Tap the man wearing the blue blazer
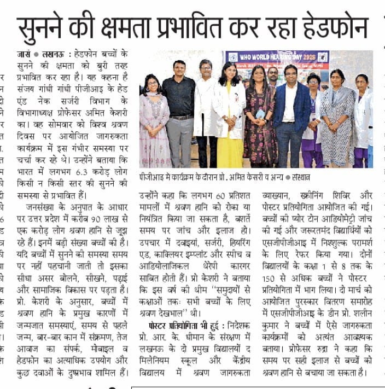291,115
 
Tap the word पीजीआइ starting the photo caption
153,177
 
